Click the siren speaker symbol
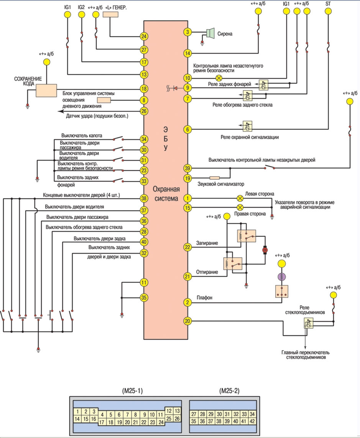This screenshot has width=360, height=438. (x=209, y=33)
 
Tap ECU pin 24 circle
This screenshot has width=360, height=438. (x=144, y=37)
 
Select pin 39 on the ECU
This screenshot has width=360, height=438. (x=187, y=168)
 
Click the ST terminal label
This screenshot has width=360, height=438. (x=328, y=5)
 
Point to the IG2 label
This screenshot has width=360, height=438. (x=81, y=7)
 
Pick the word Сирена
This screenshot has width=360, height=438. (x=225, y=34)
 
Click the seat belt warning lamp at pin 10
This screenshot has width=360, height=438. (x=220, y=77)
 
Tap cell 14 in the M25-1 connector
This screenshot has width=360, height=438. (x=78, y=419)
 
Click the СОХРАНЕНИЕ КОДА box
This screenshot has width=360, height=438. (x=46, y=90)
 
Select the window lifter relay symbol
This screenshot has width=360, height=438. (x=308, y=324)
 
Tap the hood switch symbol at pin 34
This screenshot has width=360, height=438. (x=119, y=139)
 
